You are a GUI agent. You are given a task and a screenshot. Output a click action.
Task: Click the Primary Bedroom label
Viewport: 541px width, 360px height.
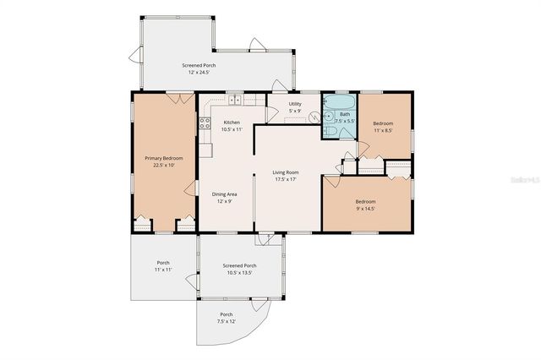pos(164,158)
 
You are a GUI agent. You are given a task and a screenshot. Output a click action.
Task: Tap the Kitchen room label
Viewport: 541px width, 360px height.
pos(231,123)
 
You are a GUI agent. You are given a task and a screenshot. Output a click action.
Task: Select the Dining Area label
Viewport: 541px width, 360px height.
pos(224,194)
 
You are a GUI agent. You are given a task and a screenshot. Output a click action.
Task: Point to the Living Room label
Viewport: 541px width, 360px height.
pos(287,172)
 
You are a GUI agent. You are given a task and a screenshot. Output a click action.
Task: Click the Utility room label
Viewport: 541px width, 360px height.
pos(295,103)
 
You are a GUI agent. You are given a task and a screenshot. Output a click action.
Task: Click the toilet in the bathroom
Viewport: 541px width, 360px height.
pos(350,131)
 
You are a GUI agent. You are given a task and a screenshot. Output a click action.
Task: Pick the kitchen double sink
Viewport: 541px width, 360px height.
pos(232,101)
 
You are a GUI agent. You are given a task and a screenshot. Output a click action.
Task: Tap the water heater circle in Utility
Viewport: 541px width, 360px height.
pos(314,117)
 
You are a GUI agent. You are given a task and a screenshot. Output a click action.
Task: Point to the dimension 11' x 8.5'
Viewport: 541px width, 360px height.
pos(384,130)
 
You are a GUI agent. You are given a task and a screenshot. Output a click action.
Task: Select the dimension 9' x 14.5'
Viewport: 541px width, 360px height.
pos(365,209)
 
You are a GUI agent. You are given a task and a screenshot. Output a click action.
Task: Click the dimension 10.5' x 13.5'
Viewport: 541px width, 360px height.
pos(239,273)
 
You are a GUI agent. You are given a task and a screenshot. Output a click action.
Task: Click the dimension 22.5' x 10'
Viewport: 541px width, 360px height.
pos(164,166)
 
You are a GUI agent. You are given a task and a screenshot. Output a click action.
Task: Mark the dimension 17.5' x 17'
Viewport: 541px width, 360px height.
pos(287,179)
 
